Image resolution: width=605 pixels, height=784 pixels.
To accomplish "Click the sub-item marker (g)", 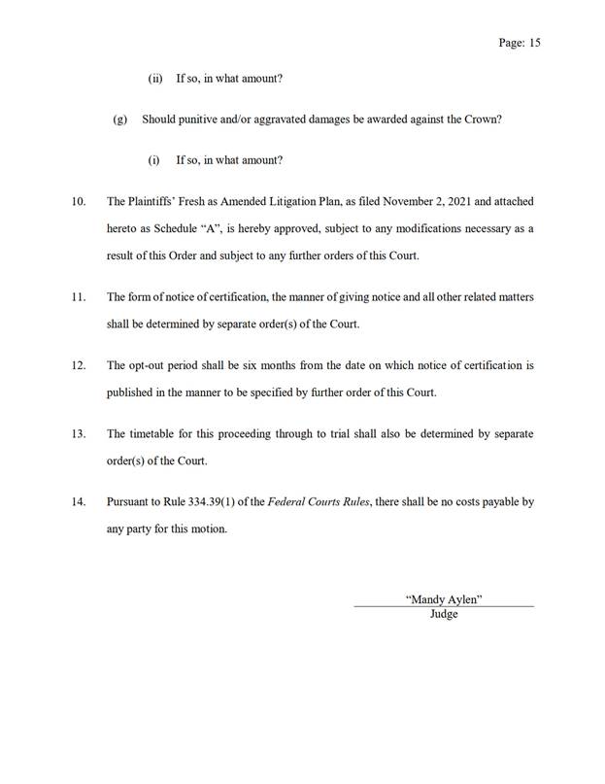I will click(120, 119).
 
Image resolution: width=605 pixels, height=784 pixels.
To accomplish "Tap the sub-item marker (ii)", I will click(155, 79).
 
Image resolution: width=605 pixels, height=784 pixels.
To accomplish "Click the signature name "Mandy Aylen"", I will click(444, 599).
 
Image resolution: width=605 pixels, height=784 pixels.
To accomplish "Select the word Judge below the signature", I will click(444, 614).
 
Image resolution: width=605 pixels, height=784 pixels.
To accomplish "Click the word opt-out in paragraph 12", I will click(149, 366).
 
